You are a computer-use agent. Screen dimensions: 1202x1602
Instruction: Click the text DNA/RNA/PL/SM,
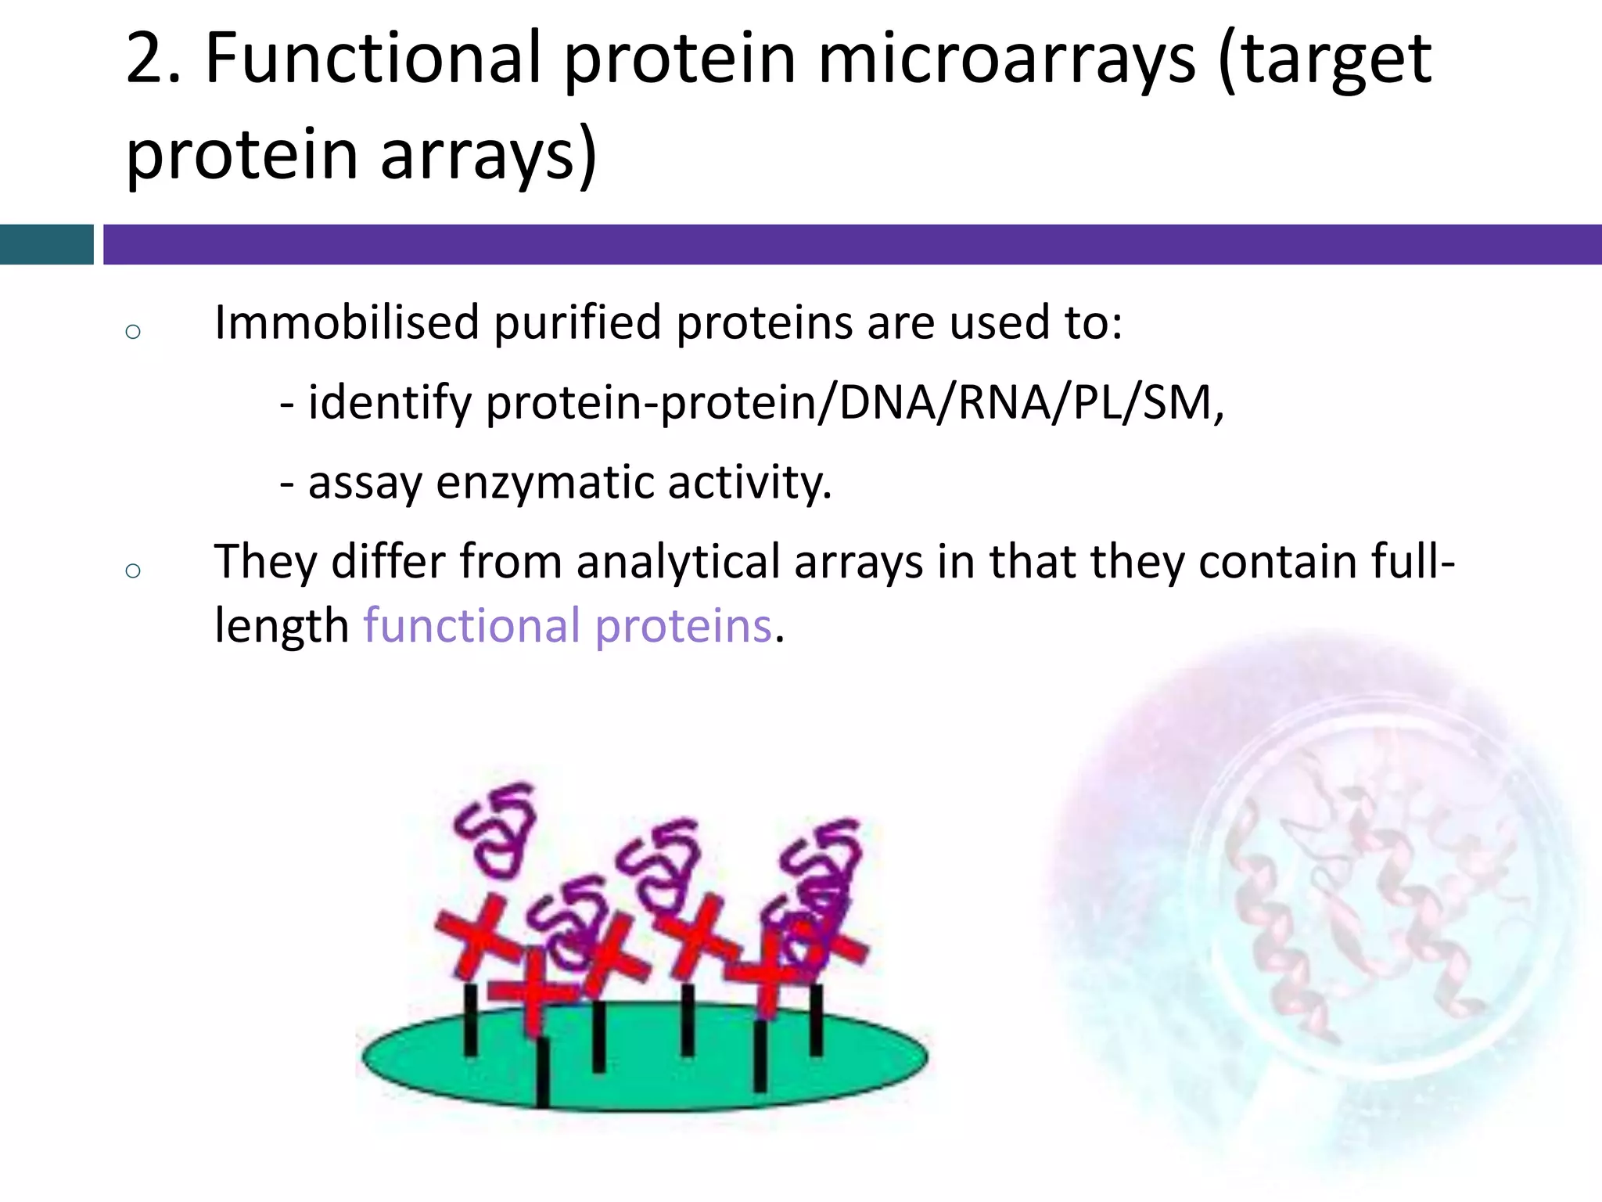[1031, 403]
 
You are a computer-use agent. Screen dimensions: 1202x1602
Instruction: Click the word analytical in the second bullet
[678, 562]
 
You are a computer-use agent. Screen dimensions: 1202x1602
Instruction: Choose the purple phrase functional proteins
[568, 626]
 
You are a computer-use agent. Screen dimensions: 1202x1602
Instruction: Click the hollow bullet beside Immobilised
[133, 332]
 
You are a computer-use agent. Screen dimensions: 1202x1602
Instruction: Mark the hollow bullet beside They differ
[133, 570]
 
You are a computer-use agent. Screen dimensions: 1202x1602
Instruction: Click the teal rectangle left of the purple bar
[46, 244]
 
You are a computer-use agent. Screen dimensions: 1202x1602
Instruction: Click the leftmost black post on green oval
[470, 1021]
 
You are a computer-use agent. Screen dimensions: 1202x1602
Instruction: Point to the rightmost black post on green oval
[816, 1021]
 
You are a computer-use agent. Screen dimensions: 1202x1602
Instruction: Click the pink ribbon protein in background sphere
[1361, 900]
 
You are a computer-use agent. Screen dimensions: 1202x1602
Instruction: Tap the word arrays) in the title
[488, 154]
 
